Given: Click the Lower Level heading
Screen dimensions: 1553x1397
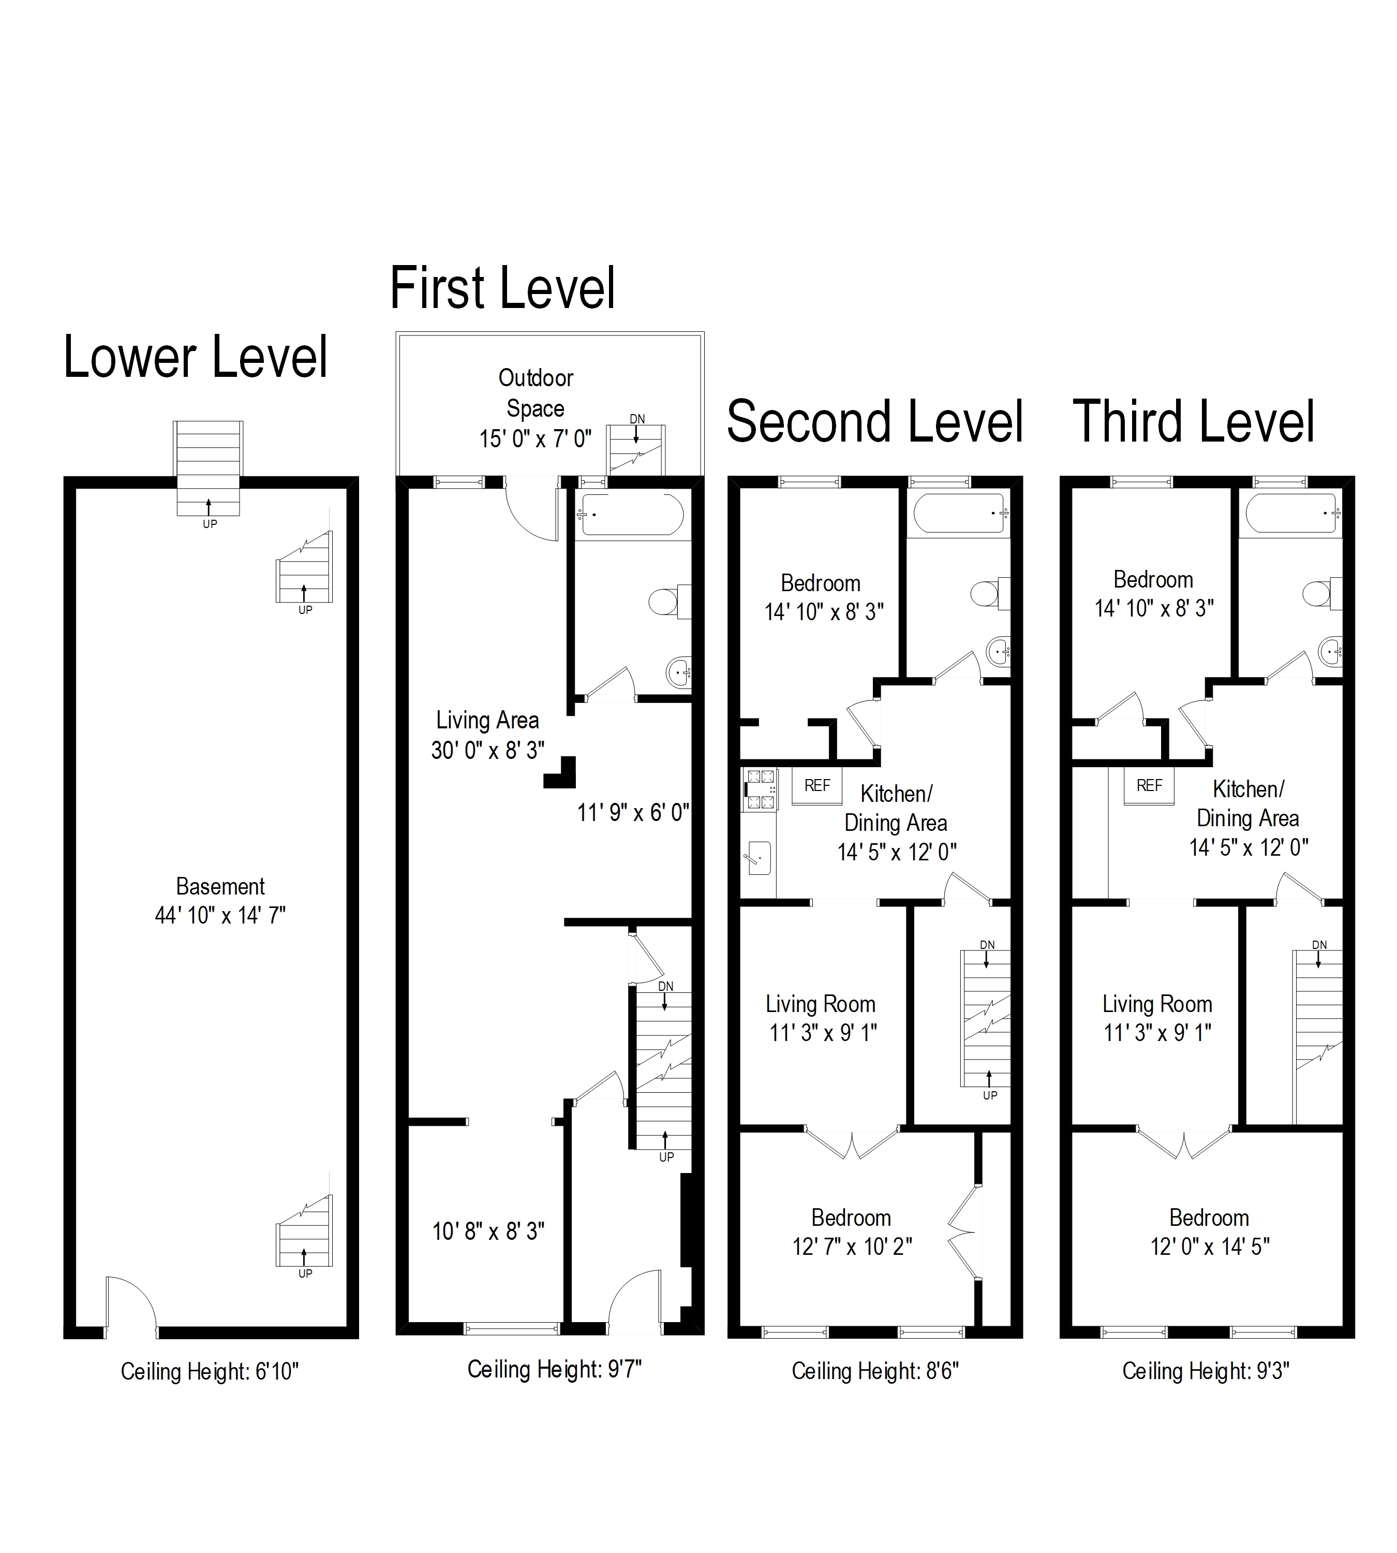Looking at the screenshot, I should click(196, 358).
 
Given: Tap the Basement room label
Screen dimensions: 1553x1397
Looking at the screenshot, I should click(220, 886).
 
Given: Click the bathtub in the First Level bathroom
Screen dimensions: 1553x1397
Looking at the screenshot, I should click(632, 515).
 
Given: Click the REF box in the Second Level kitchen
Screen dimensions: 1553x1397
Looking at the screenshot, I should click(816, 786).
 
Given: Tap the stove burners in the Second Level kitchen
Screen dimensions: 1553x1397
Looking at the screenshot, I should click(761, 789).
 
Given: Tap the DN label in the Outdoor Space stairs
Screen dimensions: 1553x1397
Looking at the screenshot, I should click(637, 419).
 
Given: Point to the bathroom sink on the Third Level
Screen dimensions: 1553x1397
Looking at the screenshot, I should click(1331, 652).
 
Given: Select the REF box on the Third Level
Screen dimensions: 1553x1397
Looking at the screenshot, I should click(1149, 786).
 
